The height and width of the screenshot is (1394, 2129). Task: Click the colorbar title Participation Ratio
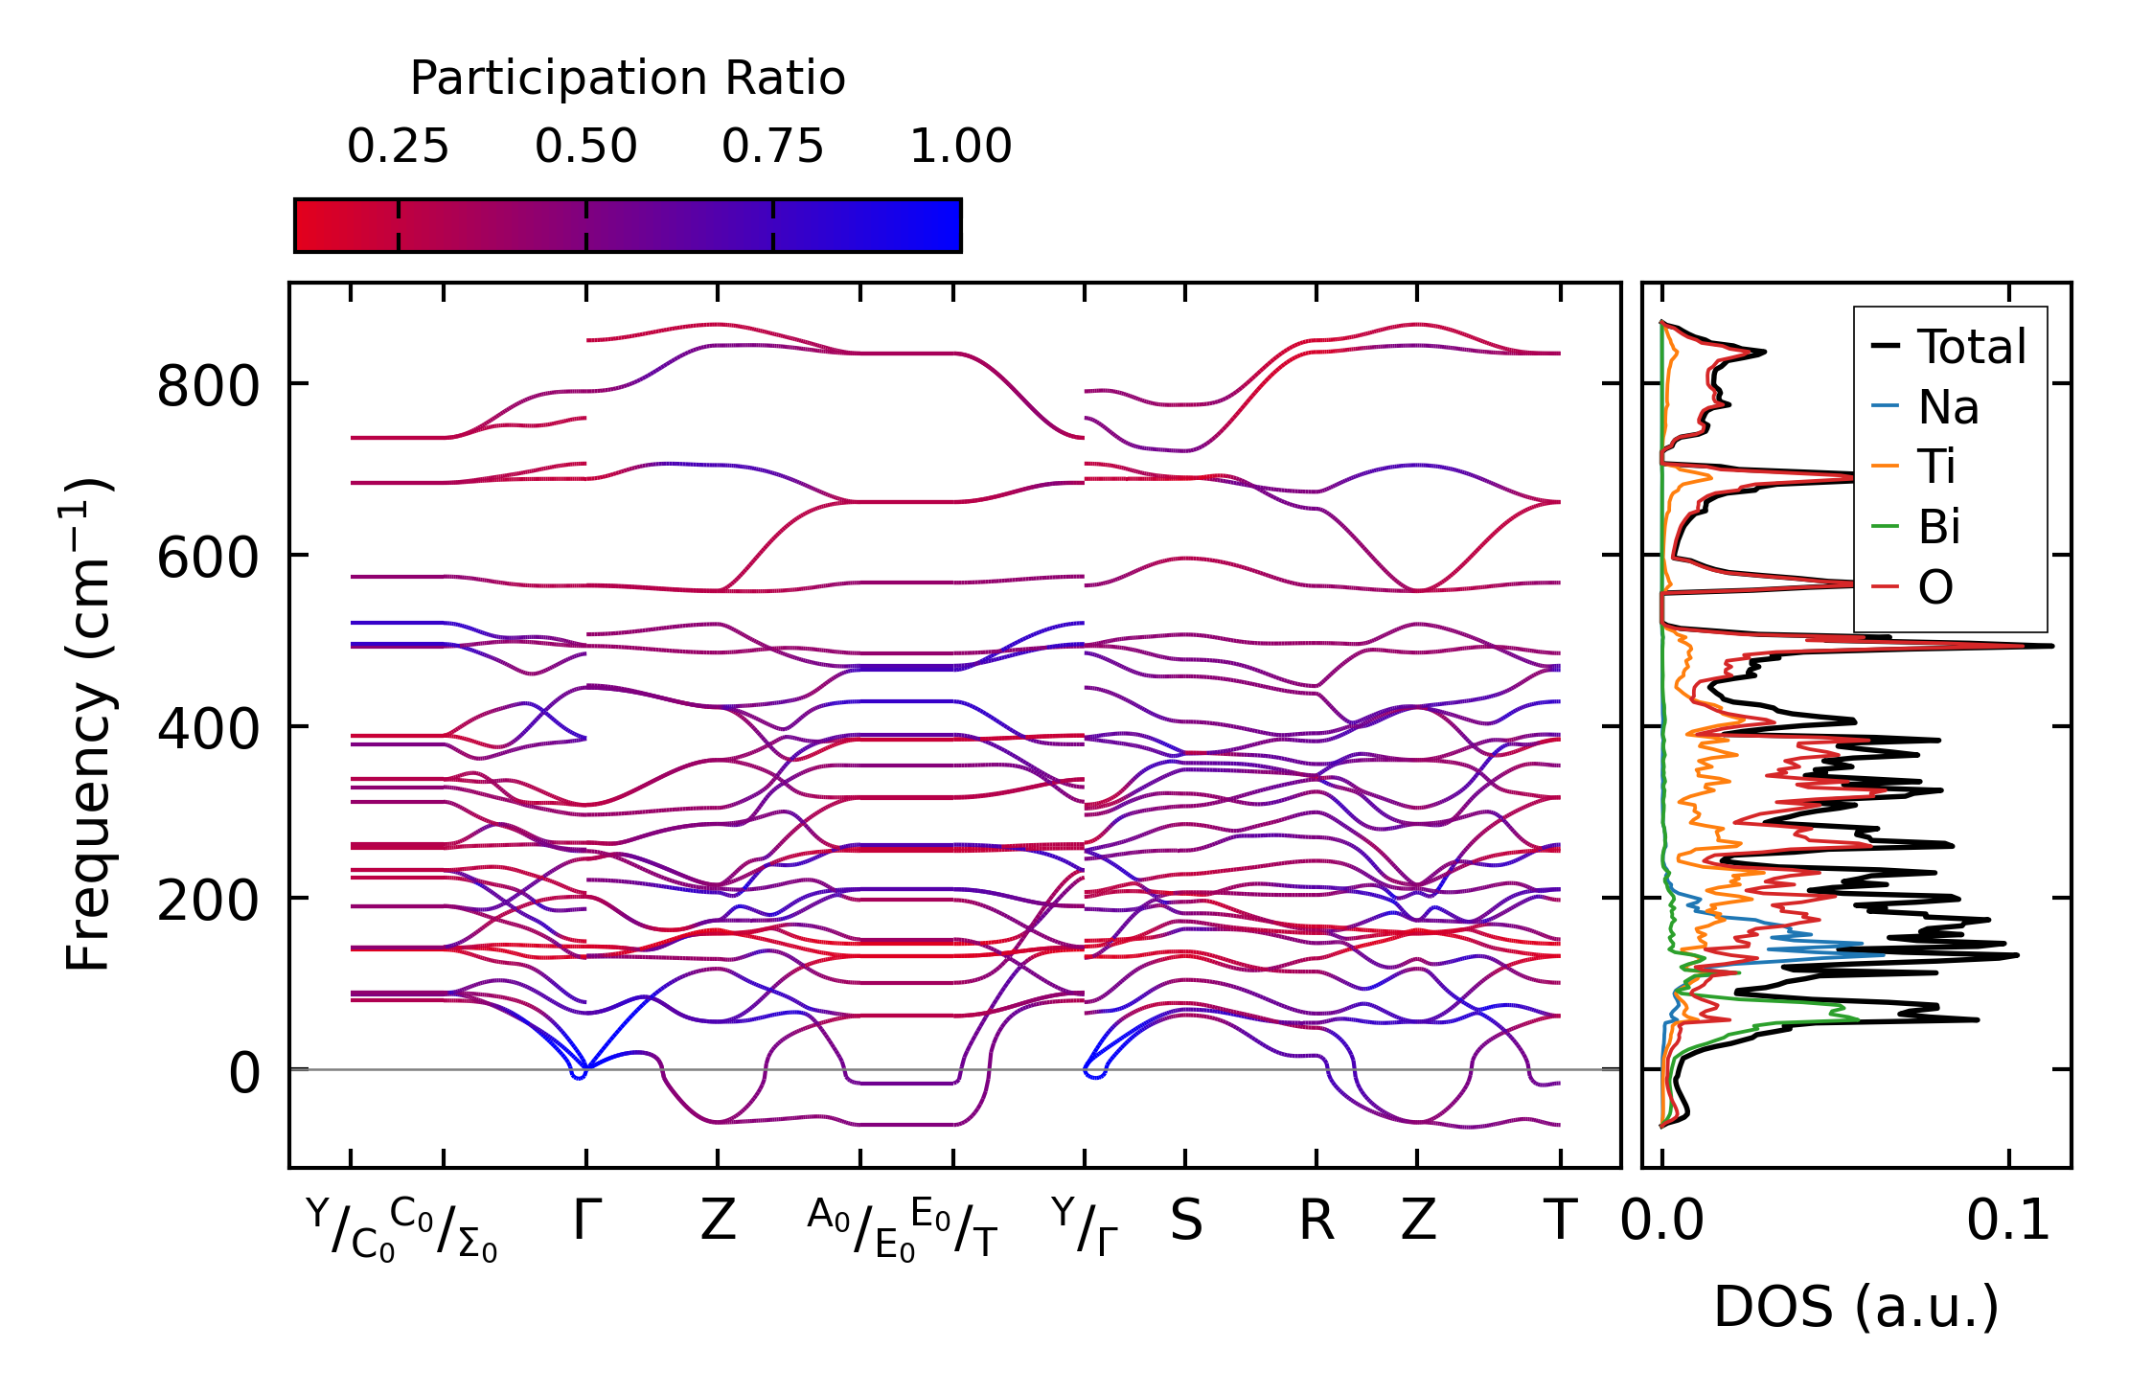[x=628, y=79]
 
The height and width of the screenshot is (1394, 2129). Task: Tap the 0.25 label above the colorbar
[x=398, y=147]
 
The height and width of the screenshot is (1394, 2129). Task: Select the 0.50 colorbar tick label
[x=585, y=147]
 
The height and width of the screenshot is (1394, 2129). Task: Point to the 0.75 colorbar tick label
[x=772, y=147]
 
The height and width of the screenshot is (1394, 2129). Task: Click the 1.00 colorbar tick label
[x=960, y=147]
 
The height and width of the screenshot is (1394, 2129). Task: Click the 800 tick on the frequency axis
[x=208, y=388]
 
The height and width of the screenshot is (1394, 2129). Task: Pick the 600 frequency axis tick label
[x=208, y=559]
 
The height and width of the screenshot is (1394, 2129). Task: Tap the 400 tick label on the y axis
[x=208, y=730]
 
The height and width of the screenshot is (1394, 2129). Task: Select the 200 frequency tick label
[x=208, y=902]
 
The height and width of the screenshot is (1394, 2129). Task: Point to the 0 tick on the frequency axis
[x=243, y=1073]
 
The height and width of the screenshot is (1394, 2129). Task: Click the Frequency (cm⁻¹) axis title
[x=88, y=724]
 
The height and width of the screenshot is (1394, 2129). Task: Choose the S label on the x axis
[x=1185, y=1222]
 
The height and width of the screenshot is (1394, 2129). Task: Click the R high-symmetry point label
[x=1316, y=1222]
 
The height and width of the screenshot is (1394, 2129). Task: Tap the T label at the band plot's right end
[x=1560, y=1222]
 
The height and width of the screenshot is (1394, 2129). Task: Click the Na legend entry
[x=1948, y=407]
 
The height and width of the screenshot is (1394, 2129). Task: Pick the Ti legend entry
[x=1936, y=468]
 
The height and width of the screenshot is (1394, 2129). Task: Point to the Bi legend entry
[x=1938, y=527]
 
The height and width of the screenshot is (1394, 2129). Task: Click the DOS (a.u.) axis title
[x=1856, y=1307]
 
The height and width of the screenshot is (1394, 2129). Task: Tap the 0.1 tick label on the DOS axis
[x=2008, y=1222]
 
